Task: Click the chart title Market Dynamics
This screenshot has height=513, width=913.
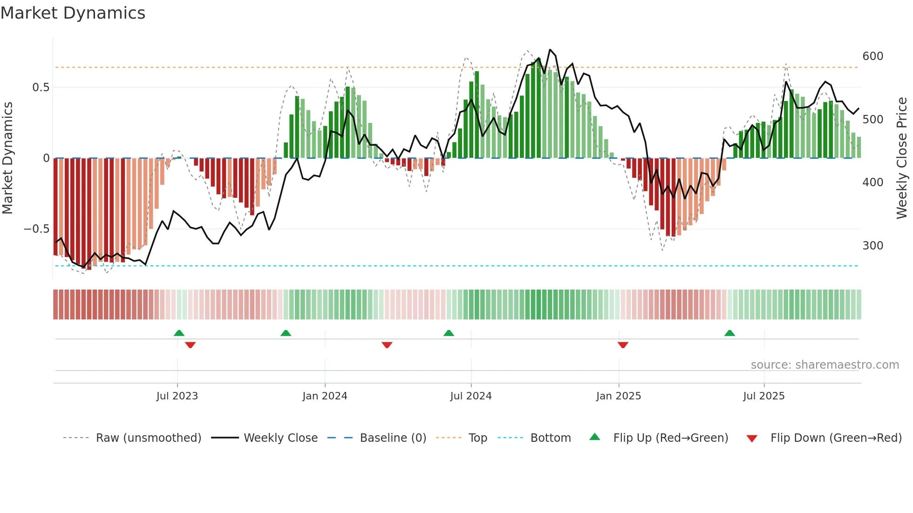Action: coord(73,13)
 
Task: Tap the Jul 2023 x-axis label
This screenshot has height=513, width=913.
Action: coord(177,396)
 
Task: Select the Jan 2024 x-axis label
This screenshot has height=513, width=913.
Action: coord(325,396)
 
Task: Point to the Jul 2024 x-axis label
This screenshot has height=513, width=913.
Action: coord(470,396)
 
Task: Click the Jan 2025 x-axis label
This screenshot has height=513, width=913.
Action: coord(618,396)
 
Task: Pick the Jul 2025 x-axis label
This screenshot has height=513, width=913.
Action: coord(763,396)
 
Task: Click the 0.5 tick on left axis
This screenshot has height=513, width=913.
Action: coord(41,88)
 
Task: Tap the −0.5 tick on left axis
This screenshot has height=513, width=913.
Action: coord(36,229)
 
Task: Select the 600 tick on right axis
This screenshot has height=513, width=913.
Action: coord(872,56)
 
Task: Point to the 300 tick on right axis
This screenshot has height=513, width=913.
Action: coord(872,246)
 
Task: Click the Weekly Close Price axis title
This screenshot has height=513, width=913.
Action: coord(902,158)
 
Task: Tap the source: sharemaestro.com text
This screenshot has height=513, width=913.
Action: coord(824,365)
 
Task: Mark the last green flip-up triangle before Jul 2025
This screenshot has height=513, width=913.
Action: coord(729,333)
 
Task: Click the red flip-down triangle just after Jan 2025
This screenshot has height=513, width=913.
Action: coord(623,345)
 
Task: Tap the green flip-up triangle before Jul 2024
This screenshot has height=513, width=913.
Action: coord(449,333)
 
